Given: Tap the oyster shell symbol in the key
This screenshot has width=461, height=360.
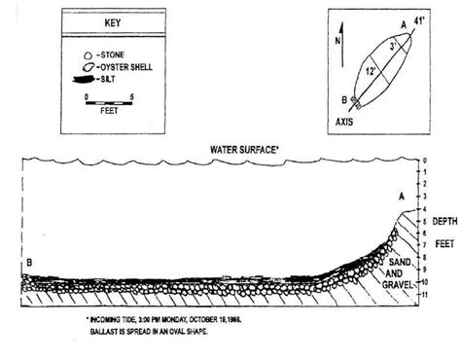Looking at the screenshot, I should (89, 66).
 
